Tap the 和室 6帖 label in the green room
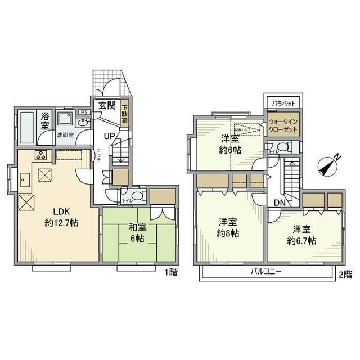[x=137, y=233]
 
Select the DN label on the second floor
[x=280, y=202]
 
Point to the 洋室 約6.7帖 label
[x=303, y=235]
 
